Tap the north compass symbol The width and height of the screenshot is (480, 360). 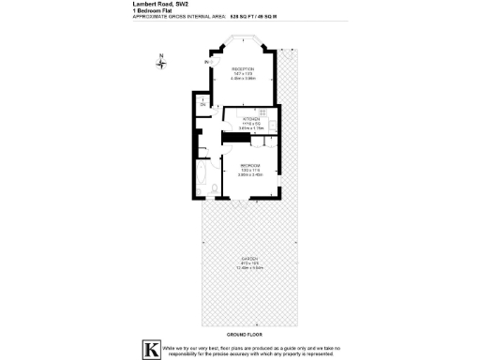point(161,62)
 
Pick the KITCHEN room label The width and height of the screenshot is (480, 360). point(250,119)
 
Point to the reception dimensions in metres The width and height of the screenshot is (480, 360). point(243,79)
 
